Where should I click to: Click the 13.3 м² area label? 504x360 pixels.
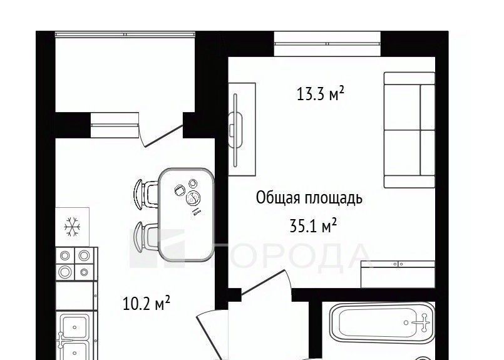click(320, 94)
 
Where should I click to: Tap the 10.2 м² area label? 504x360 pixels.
click(147, 304)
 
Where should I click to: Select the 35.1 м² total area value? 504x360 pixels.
click(313, 225)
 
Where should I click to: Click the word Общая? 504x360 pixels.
click(278, 198)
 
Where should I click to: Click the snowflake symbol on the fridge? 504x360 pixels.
click(72, 227)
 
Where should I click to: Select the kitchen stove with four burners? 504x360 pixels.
click(76, 264)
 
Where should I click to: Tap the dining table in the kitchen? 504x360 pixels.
click(187, 214)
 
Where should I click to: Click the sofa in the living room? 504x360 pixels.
click(409, 130)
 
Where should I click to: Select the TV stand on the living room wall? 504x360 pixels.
click(242, 129)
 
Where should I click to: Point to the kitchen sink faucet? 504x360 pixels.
click(61, 340)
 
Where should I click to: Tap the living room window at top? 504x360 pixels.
click(327, 44)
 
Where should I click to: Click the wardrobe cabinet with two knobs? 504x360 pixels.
click(398, 274)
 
